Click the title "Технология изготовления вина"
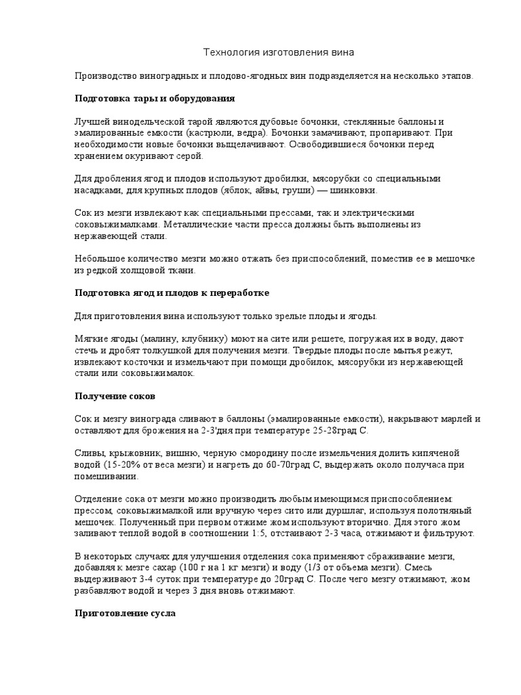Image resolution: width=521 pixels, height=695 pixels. pos(260,52)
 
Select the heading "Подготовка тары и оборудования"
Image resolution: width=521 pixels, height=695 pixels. pos(154,98)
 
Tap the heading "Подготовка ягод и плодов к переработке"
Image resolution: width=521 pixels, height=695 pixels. pos(172,293)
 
